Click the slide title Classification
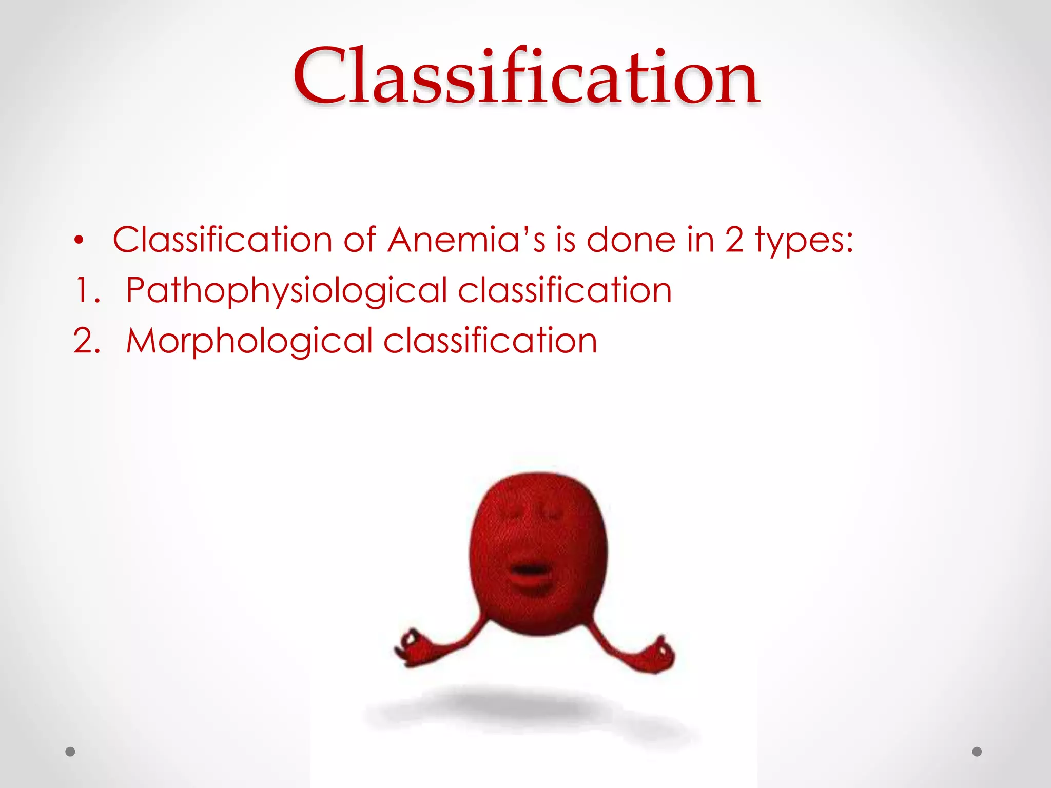tap(525, 77)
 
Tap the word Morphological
tap(249, 341)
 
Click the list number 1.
tap(86, 290)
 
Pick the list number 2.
tap(86, 341)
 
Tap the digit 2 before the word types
tap(734, 240)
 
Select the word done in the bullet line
tap(631, 240)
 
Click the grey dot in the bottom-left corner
tap(70, 752)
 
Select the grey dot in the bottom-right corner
tap(977, 752)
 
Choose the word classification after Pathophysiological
tap(565, 290)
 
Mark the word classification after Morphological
tap(490, 341)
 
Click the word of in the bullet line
tap(360, 240)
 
